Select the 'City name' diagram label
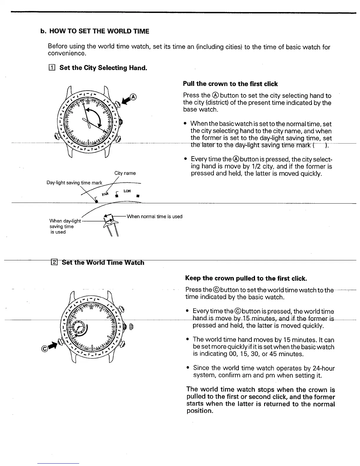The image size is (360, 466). point(125,173)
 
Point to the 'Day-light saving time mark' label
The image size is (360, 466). point(74,183)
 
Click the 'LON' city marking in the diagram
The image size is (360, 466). point(127,191)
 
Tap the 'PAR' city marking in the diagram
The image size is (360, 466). point(105,194)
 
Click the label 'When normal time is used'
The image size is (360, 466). point(154,217)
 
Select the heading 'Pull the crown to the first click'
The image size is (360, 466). point(230,84)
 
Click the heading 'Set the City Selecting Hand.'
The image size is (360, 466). point(103,68)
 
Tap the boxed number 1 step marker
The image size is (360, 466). point(52,68)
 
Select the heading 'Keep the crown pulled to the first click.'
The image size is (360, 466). point(246,278)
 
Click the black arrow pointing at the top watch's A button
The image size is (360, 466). point(126,100)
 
